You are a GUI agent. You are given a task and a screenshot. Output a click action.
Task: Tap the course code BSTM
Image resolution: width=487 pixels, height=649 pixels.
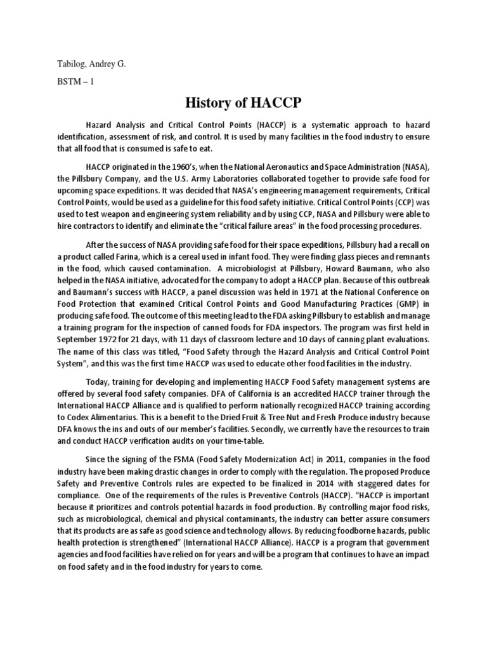[x=65, y=82]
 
